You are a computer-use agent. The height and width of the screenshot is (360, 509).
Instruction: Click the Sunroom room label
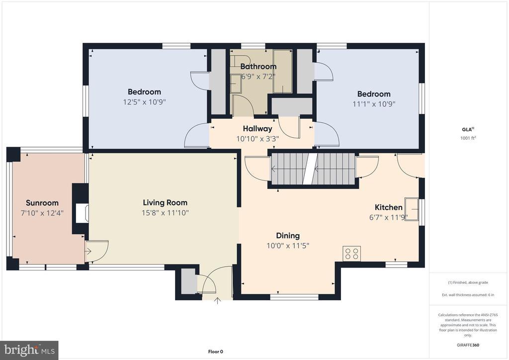(x=42, y=203)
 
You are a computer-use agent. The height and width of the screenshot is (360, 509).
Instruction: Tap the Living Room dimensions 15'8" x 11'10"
(x=165, y=213)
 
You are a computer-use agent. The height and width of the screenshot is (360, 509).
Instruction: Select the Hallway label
(x=257, y=129)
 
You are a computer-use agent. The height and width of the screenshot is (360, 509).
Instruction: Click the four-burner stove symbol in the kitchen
(x=352, y=254)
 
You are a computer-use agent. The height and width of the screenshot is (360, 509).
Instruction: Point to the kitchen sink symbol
(x=412, y=209)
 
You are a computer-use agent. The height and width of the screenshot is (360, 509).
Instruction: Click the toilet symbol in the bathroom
(x=241, y=61)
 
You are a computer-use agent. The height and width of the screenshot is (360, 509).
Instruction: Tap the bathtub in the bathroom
(x=282, y=72)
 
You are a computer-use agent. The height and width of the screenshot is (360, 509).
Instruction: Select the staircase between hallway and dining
(x=313, y=169)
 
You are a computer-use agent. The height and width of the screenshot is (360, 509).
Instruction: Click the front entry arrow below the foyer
(x=218, y=301)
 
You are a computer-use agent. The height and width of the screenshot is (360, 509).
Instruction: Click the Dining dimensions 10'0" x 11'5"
(x=288, y=246)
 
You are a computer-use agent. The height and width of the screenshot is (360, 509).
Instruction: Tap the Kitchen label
(x=389, y=207)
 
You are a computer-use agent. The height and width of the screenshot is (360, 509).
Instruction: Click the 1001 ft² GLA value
(x=468, y=138)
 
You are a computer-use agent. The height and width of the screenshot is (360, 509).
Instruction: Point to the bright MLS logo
(x=29, y=350)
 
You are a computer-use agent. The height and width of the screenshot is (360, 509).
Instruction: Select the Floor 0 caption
(x=216, y=352)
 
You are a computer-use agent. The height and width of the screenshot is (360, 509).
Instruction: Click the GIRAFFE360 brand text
(x=468, y=345)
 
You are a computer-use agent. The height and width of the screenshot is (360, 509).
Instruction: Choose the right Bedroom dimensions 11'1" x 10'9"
(x=374, y=104)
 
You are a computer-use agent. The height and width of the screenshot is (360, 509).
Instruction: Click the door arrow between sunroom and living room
(x=88, y=251)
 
